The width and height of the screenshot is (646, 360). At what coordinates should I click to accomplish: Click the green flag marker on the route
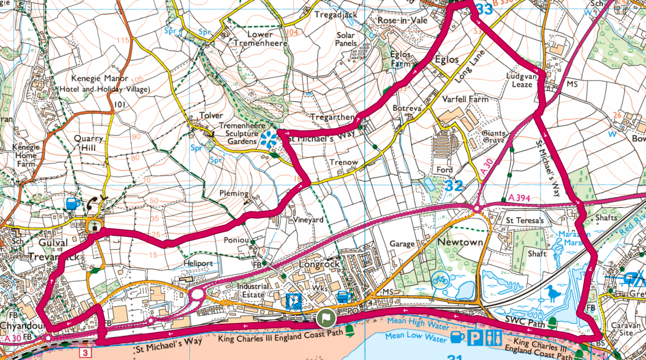coord(325,318)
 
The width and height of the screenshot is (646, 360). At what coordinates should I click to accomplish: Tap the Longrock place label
coord(319,264)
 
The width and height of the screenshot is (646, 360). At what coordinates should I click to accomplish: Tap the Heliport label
coord(198,263)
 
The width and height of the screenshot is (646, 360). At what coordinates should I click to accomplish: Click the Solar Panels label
coord(346,39)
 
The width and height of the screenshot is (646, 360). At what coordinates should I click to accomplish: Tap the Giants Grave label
coord(494,137)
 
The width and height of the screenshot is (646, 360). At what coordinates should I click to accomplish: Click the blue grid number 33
coord(484,9)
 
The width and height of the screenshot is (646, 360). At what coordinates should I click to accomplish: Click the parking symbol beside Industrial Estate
coord(294,300)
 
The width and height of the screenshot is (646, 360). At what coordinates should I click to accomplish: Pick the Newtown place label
coord(460,243)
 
